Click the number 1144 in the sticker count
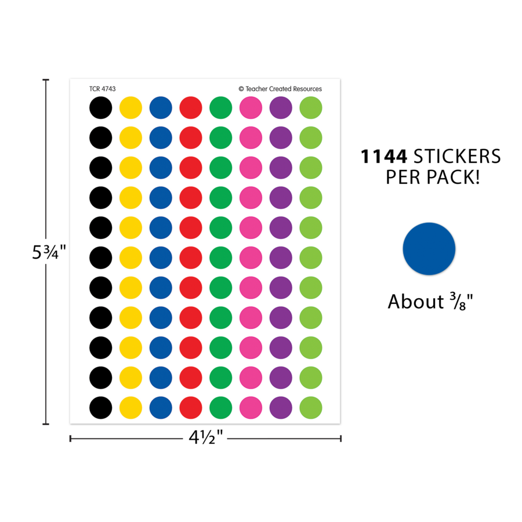(x=384, y=157)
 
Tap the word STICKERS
(x=457, y=157)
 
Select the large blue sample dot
(x=429, y=249)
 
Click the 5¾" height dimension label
(x=49, y=252)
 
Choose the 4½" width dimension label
(x=205, y=437)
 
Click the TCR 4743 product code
(x=103, y=89)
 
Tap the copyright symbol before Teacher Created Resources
(x=241, y=89)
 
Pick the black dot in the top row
(x=100, y=107)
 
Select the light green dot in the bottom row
(x=311, y=408)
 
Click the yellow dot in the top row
(x=130, y=107)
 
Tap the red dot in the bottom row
(x=191, y=408)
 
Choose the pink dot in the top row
(x=251, y=107)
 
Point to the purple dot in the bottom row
(x=281, y=408)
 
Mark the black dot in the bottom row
(x=100, y=408)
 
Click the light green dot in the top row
(x=311, y=107)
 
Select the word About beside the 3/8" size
(x=416, y=302)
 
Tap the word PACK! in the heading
(x=453, y=177)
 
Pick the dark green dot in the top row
(x=221, y=107)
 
